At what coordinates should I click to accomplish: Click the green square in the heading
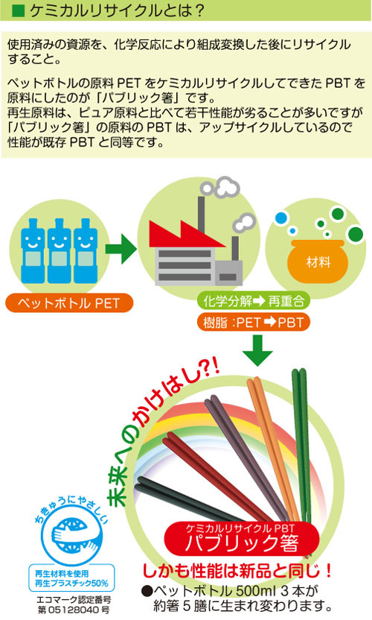click(18, 10)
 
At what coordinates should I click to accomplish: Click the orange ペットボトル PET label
click(68, 303)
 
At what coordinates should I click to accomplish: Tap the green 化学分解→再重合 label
click(254, 301)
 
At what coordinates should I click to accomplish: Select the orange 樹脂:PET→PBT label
click(254, 322)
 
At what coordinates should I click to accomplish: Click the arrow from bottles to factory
click(120, 249)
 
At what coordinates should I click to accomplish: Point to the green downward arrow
click(257, 350)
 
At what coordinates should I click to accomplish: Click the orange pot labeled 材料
click(318, 261)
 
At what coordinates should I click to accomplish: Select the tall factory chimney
click(202, 215)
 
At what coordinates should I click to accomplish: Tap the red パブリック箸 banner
click(241, 538)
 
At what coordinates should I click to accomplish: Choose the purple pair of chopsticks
click(247, 455)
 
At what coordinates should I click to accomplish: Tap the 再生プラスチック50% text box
click(71, 578)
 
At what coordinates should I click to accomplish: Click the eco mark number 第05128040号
click(74, 610)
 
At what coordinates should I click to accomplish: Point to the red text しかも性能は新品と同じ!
click(237, 571)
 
